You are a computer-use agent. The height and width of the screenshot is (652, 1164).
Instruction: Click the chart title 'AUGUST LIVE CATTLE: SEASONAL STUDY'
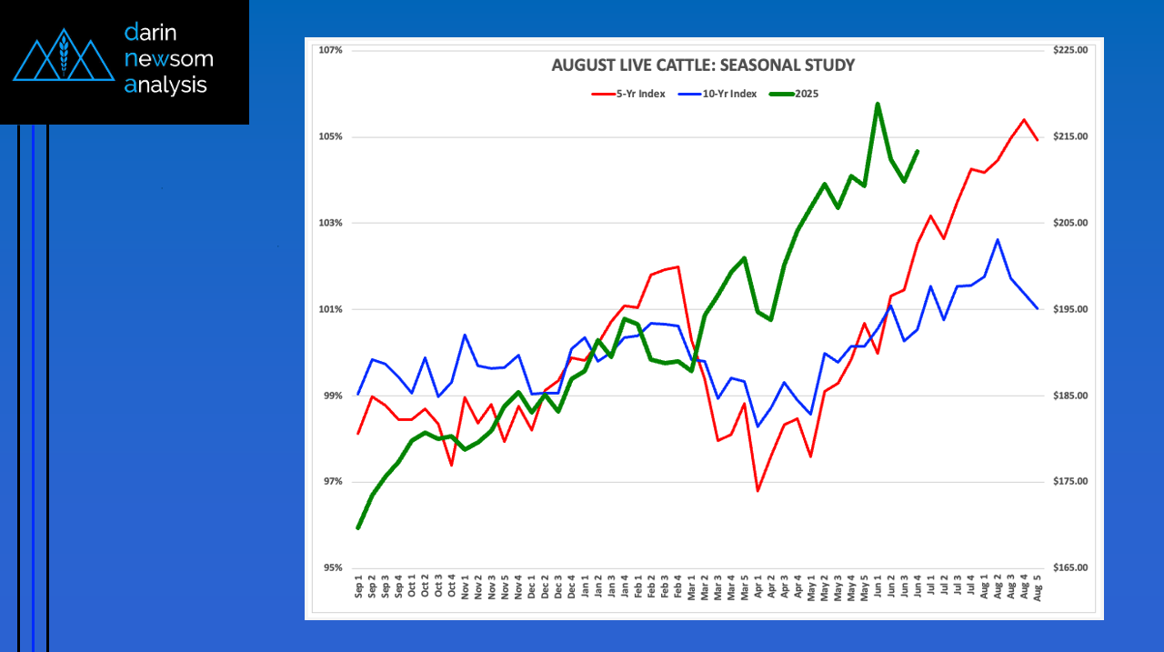click(x=703, y=65)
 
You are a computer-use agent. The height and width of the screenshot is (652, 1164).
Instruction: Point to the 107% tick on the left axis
click(x=330, y=50)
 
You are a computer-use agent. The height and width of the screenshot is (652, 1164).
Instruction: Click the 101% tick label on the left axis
click(x=330, y=309)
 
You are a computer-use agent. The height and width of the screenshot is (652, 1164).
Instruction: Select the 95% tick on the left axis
click(x=331, y=568)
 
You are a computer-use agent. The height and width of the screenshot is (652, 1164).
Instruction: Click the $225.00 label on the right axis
click(x=1069, y=50)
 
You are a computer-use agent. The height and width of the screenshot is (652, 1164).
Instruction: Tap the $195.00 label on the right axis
click(x=1069, y=309)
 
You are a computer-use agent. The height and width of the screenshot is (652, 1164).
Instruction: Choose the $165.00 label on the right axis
click(x=1069, y=568)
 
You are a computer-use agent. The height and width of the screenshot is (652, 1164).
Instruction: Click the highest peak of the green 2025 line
click(x=878, y=104)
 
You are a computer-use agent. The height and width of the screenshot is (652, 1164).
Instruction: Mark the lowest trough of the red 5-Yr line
click(x=758, y=491)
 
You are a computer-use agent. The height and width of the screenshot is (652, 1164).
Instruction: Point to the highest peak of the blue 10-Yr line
click(x=998, y=239)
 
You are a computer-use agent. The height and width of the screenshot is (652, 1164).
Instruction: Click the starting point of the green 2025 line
click(x=358, y=527)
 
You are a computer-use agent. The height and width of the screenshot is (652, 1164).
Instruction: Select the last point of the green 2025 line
click(x=918, y=151)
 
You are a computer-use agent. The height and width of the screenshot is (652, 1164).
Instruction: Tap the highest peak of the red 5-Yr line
click(x=1024, y=119)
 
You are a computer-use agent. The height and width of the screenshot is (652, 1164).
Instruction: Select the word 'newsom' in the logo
click(x=168, y=59)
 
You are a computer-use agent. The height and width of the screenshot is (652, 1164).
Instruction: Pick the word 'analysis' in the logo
click(x=166, y=85)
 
